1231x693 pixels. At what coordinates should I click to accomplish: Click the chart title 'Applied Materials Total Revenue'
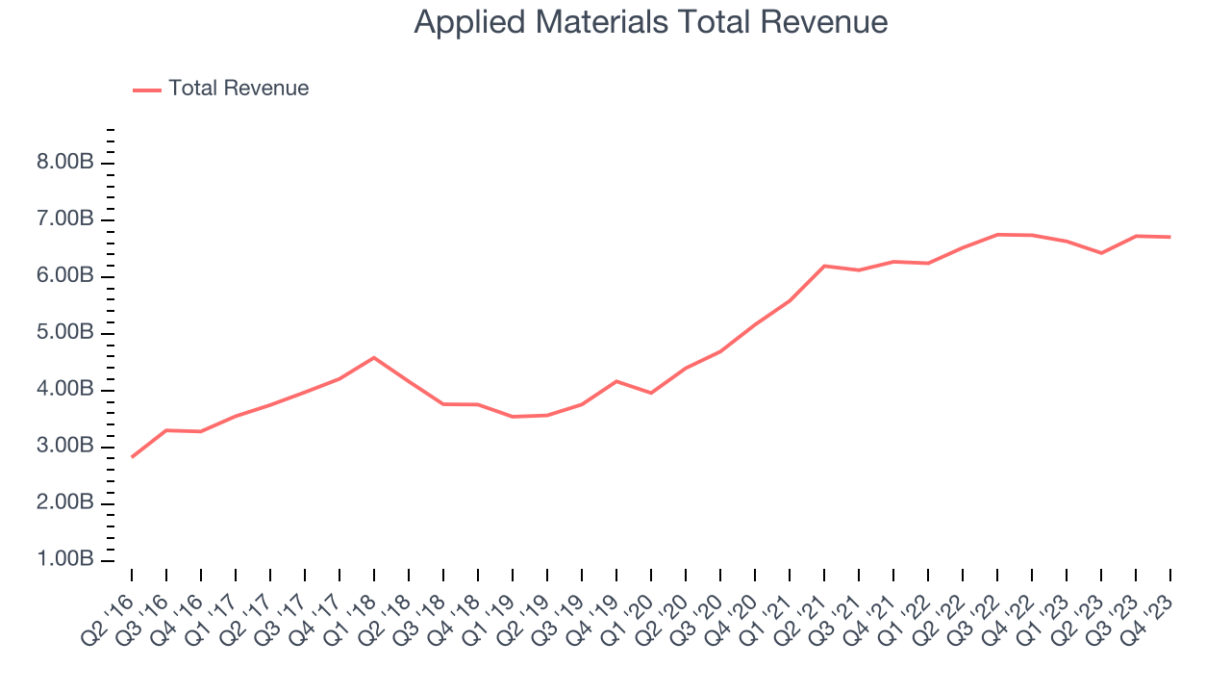click(650, 22)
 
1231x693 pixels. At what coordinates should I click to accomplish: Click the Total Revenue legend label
click(239, 89)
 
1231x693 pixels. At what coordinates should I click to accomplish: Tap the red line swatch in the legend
click(147, 90)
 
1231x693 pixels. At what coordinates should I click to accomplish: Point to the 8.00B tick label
click(64, 163)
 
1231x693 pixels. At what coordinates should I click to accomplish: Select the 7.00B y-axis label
click(64, 219)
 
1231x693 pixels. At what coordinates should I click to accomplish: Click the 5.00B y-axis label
click(64, 333)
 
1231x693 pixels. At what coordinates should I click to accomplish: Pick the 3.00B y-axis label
click(64, 447)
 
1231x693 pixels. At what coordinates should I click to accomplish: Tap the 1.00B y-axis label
click(64, 560)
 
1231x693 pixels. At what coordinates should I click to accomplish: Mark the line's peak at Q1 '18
click(374, 357)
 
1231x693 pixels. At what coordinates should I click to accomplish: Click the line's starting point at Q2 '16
click(132, 456)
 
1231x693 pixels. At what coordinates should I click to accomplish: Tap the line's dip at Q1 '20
click(651, 393)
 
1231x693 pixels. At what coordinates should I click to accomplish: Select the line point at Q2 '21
click(824, 266)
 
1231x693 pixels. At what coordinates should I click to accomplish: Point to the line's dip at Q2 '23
click(1101, 253)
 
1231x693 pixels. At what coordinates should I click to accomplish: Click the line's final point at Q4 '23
click(1169, 237)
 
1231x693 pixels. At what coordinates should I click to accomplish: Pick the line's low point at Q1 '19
click(513, 417)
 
